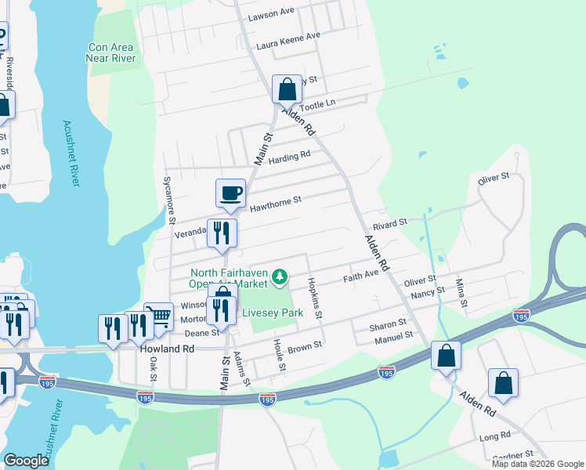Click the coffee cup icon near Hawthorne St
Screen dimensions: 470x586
(230, 193)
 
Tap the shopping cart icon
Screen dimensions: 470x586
(158, 316)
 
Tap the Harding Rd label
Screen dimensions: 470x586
(289, 157)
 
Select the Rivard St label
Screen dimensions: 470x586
(390, 223)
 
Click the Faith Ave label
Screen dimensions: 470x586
(361, 277)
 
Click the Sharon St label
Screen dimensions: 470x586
(389, 323)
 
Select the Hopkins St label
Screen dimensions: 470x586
(314, 298)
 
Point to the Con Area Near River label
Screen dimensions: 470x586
(112, 52)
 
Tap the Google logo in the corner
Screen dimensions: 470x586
(26, 461)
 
